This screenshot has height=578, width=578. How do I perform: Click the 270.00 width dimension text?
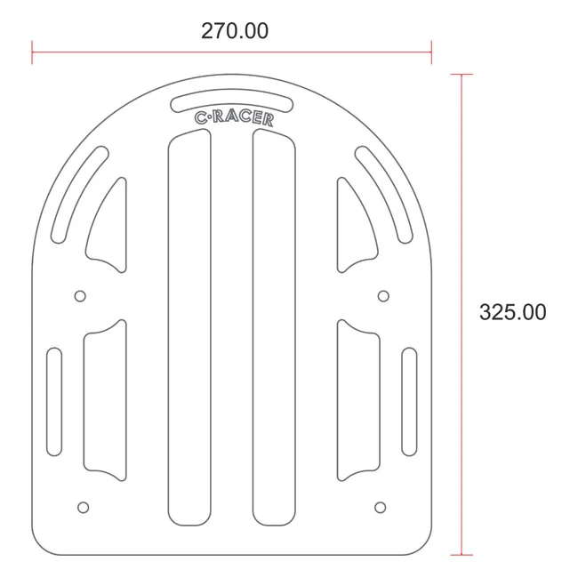click(x=235, y=31)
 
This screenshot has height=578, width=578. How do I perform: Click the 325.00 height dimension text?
click(x=512, y=312)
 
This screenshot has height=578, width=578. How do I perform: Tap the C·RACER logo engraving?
click(x=234, y=118)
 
